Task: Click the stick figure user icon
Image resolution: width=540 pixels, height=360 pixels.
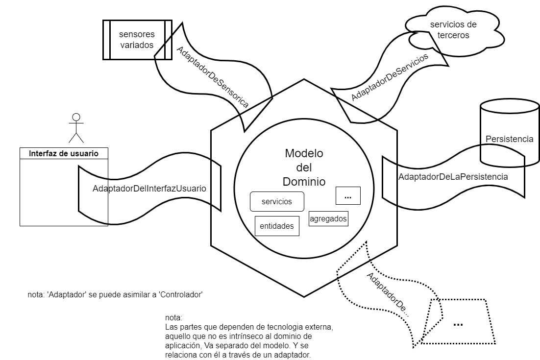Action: [x=76, y=128]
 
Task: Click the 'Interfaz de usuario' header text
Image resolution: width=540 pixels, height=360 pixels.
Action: [x=64, y=153]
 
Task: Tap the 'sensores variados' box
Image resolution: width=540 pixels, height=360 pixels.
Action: [x=137, y=40]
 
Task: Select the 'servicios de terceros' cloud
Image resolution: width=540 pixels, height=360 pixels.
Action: [x=453, y=30]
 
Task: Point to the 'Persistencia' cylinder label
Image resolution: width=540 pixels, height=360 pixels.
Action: [x=509, y=139]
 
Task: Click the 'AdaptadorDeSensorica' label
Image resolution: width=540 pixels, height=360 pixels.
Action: [x=213, y=77]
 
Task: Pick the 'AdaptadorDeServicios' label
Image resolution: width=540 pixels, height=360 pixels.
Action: [x=390, y=77]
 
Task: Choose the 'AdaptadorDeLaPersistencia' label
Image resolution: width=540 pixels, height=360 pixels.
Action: [x=453, y=177]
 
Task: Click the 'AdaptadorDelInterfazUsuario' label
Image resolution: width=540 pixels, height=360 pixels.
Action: [x=149, y=189]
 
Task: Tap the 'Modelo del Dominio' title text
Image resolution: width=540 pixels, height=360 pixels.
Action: [x=304, y=168]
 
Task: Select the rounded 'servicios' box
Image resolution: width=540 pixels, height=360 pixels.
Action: [x=277, y=201]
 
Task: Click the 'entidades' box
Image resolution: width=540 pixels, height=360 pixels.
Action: [x=277, y=226]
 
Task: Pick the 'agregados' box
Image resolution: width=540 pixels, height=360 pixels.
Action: [x=328, y=218]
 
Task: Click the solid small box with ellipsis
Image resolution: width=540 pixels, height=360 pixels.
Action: [x=348, y=196]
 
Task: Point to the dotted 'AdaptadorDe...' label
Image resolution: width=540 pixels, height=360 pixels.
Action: [x=388, y=294]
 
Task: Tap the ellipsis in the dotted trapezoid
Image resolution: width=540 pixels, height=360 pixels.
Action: [x=458, y=324]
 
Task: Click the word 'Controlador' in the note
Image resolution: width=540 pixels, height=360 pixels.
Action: [x=181, y=294]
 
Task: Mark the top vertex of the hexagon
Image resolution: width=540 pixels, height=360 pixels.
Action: [x=304, y=79]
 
